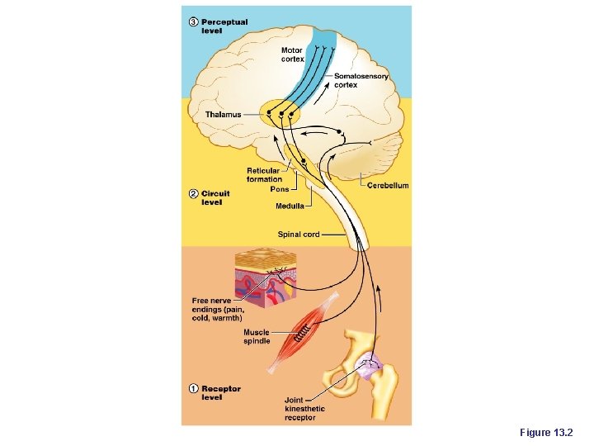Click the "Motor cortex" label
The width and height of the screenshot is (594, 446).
tap(292, 55)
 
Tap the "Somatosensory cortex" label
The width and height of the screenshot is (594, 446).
tap(361, 80)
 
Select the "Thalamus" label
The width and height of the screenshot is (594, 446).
tap(223, 114)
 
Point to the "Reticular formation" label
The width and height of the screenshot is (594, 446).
tap(264, 174)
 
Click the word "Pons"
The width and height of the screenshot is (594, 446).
tap(280, 189)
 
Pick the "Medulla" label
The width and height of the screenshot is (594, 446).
tap(290, 205)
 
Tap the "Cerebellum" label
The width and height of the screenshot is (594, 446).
tap(387, 186)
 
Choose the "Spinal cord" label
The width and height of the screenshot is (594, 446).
tap(299, 235)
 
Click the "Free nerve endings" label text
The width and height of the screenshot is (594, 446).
tap(217, 309)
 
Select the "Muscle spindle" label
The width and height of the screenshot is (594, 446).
tap(256, 337)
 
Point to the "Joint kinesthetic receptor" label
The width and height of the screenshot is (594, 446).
tap(304, 408)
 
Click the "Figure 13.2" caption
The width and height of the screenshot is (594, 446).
tap(551, 433)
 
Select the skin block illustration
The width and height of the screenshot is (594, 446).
tap(266, 278)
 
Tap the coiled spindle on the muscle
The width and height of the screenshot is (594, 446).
tap(303, 334)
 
